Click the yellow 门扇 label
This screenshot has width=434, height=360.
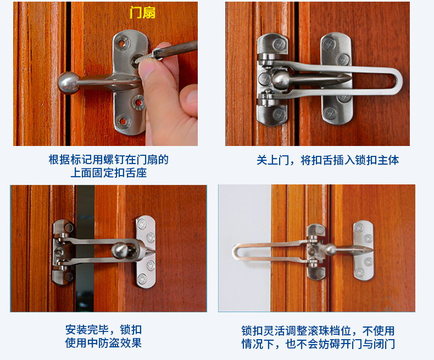click(x=142, y=12)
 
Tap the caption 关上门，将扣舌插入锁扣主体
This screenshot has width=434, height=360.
click(x=328, y=160)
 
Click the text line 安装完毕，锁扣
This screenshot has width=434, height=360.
click(x=103, y=330)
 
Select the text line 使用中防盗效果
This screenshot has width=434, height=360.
click(x=103, y=344)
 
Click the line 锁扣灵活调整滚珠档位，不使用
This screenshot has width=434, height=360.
click(x=318, y=330)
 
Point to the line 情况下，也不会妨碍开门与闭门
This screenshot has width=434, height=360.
click(x=318, y=344)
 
